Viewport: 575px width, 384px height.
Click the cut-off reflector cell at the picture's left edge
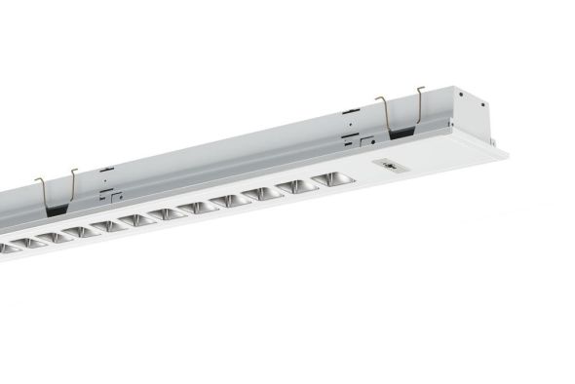pos(7,248)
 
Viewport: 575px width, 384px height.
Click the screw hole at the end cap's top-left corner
pos(457,94)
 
